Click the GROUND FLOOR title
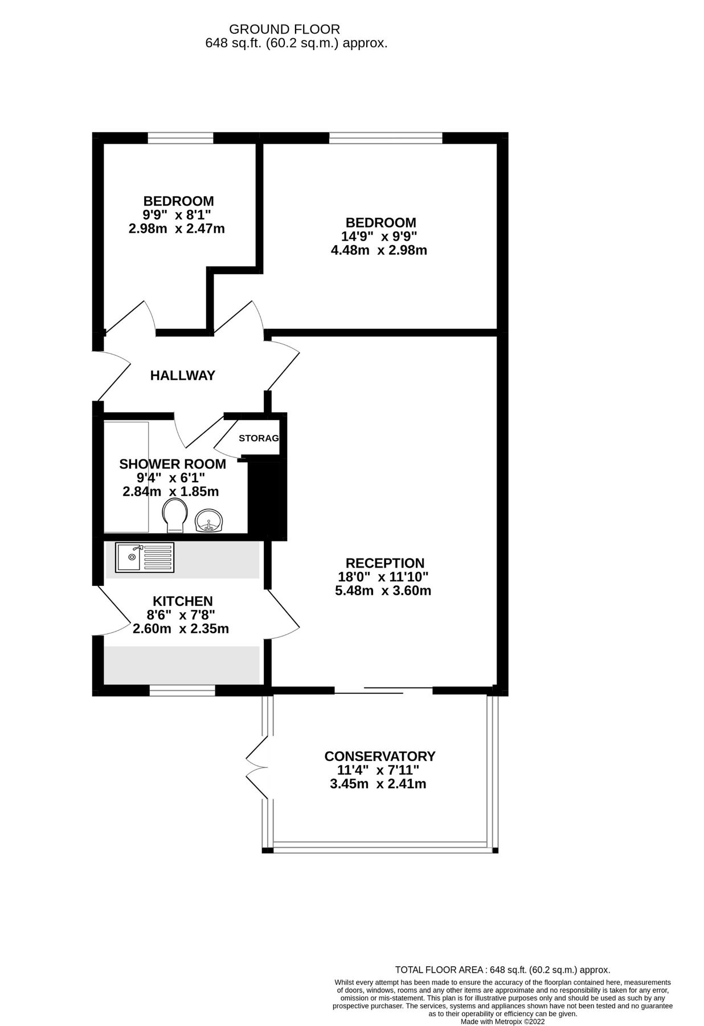tap(284, 29)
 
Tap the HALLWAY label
tap(182, 375)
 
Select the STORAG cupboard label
tap(259, 438)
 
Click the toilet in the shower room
tap(174, 515)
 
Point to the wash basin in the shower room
tap(210, 520)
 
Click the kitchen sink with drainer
tap(145, 557)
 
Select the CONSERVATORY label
tap(379, 756)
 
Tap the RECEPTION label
tap(385, 563)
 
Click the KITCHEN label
tap(182, 601)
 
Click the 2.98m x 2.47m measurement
tap(177, 229)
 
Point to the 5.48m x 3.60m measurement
tap(383, 591)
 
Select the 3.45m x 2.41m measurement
tap(378, 784)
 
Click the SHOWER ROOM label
tap(172, 464)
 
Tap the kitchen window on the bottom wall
tap(182, 691)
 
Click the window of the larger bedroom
tap(385, 137)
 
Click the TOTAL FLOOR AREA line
tap(502, 970)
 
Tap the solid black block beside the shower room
tap(267, 497)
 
